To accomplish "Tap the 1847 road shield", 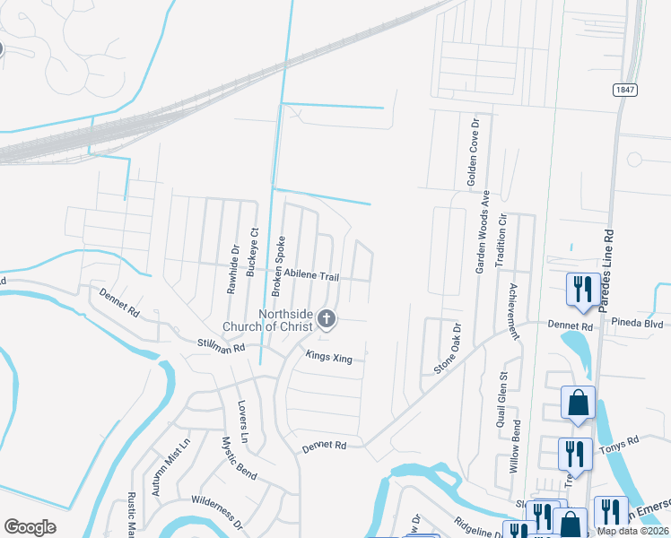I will point(626,91).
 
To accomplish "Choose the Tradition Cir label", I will point(502,237).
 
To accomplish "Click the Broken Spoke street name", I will point(278,266).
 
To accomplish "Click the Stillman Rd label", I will point(221,343).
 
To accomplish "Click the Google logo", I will point(30,527).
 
